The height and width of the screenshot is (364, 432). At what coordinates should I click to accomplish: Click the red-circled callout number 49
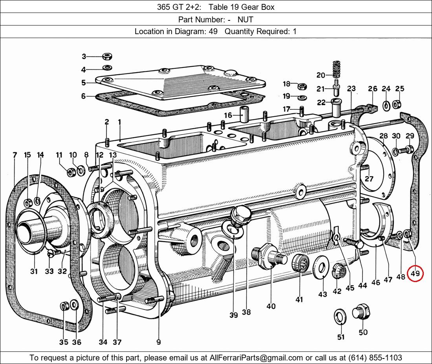click(416, 273)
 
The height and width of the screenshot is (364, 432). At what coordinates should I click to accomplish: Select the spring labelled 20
click(336, 70)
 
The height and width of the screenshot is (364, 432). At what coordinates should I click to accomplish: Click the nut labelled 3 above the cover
click(106, 56)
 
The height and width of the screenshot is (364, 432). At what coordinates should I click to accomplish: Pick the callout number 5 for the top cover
click(84, 83)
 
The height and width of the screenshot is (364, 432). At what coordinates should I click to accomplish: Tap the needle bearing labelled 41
click(300, 263)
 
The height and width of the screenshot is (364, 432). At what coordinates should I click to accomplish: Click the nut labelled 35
click(64, 306)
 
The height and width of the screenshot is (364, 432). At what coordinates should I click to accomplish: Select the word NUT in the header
click(245, 19)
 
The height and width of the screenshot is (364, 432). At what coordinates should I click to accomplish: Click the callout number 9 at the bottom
click(159, 342)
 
